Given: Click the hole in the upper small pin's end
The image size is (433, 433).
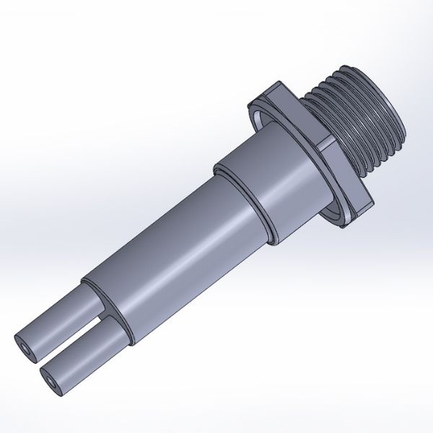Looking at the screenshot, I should click(27, 349).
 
